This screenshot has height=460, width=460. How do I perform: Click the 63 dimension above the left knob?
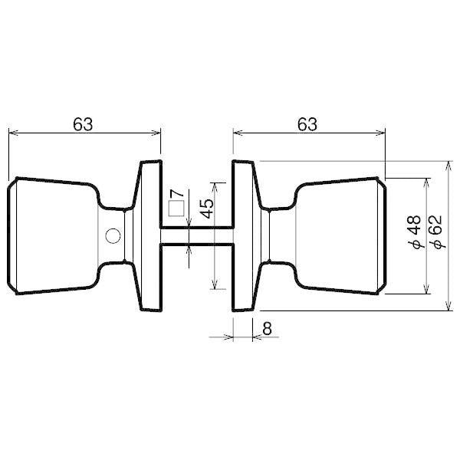tap(84, 123)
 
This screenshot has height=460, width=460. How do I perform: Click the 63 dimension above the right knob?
tap(307, 123)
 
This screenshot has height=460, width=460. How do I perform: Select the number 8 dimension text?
tap(267, 327)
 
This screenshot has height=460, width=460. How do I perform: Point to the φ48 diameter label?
tap(415, 233)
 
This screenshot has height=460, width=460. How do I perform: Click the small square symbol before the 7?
tap(176, 208)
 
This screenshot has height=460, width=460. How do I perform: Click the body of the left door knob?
tap(54, 236)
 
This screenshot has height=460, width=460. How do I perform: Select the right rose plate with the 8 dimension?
tap(244, 236)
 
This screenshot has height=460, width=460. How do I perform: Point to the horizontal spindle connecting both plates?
tap(196, 236)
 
